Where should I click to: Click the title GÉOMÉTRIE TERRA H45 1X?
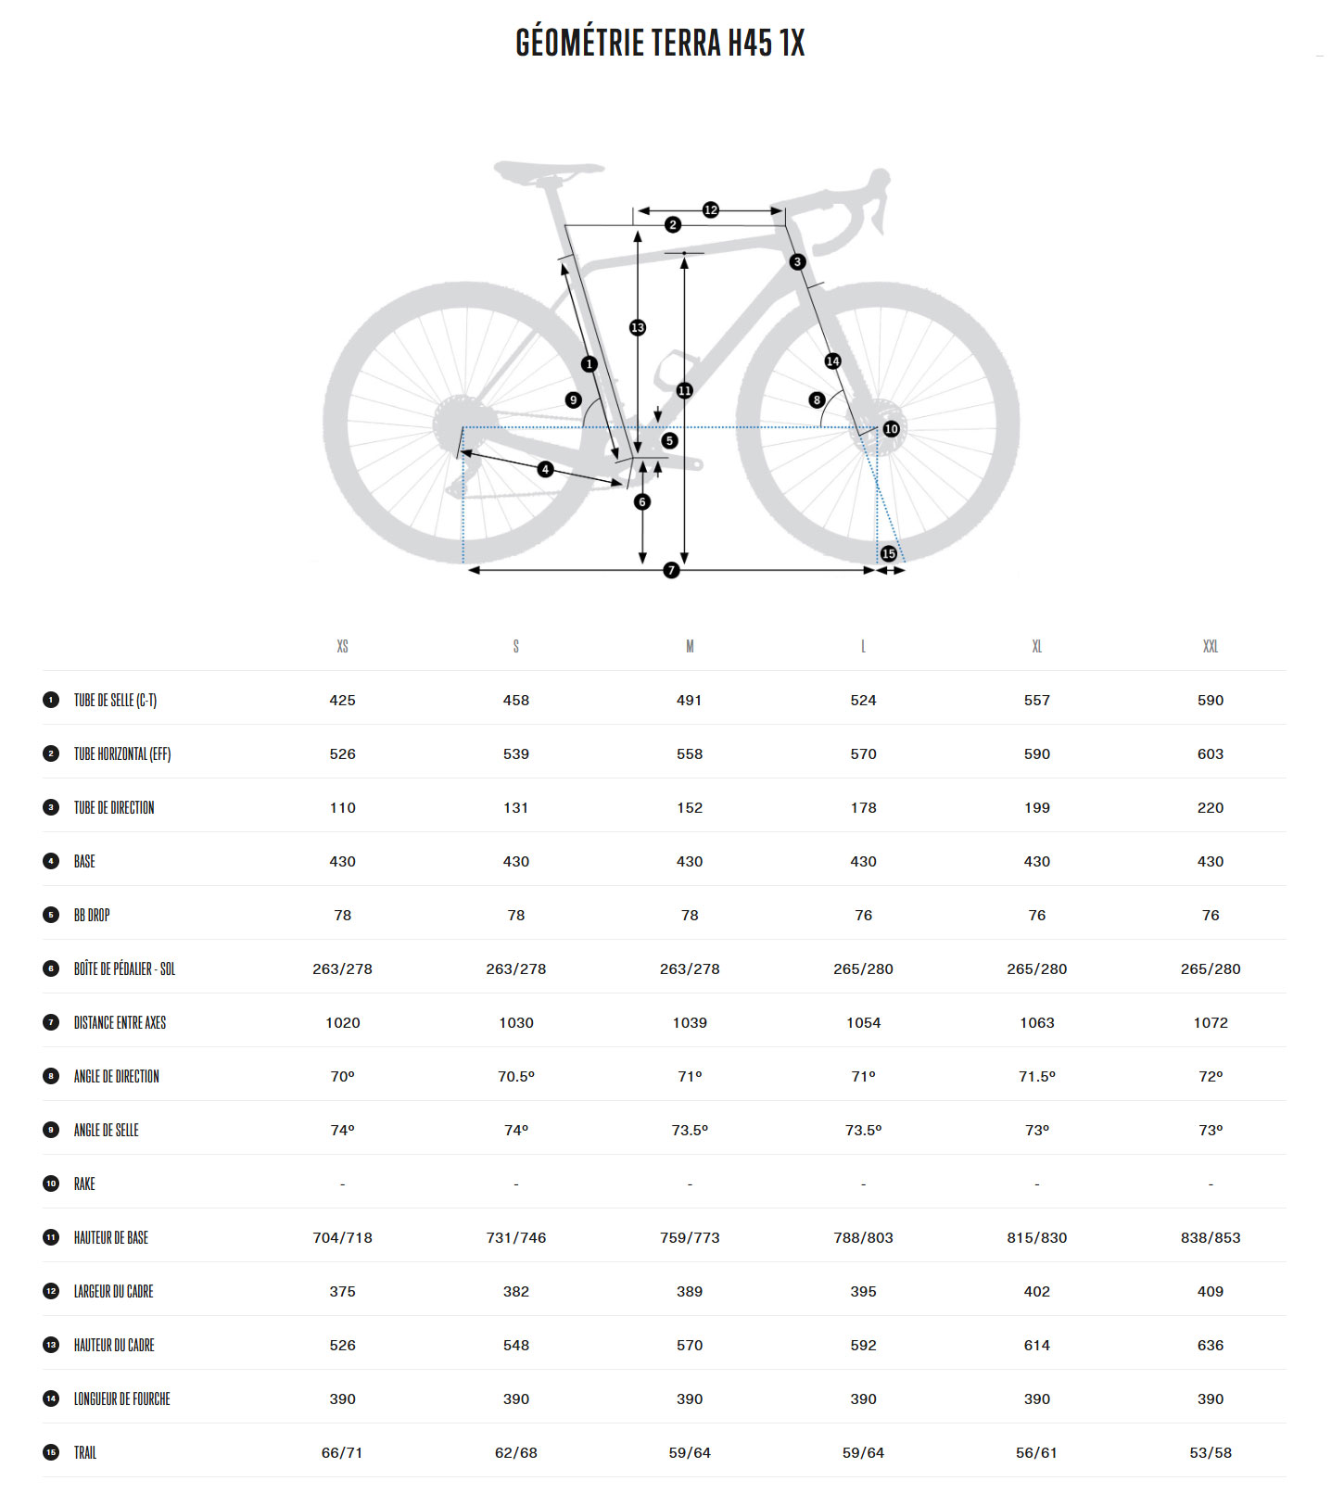coord(660,44)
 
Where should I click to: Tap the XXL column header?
coord(1210,646)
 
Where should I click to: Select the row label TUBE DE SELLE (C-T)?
coord(115,700)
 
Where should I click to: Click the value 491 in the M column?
coord(689,700)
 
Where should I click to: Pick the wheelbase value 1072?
coord(1210,1022)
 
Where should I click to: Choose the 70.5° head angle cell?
coord(515,1076)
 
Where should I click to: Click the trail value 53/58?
coord(1210,1452)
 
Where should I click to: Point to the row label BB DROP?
coord(92,915)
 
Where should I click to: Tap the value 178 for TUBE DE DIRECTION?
coord(863,807)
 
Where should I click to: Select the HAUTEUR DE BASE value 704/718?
coord(342,1237)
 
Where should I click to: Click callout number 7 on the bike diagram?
coord(671,570)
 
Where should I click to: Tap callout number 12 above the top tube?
coord(710,210)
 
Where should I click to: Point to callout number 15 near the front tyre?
coord(888,553)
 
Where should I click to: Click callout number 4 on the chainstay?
coord(545,470)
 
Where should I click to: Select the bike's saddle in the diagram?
coord(547,171)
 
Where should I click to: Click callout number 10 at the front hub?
coord(891,429)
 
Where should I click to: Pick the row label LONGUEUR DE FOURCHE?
coord(121,1398)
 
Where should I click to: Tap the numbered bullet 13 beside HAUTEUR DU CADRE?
coord(51,1345)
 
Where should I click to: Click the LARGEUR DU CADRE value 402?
coord(1036,1291)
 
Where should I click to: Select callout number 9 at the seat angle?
coord(573,400)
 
